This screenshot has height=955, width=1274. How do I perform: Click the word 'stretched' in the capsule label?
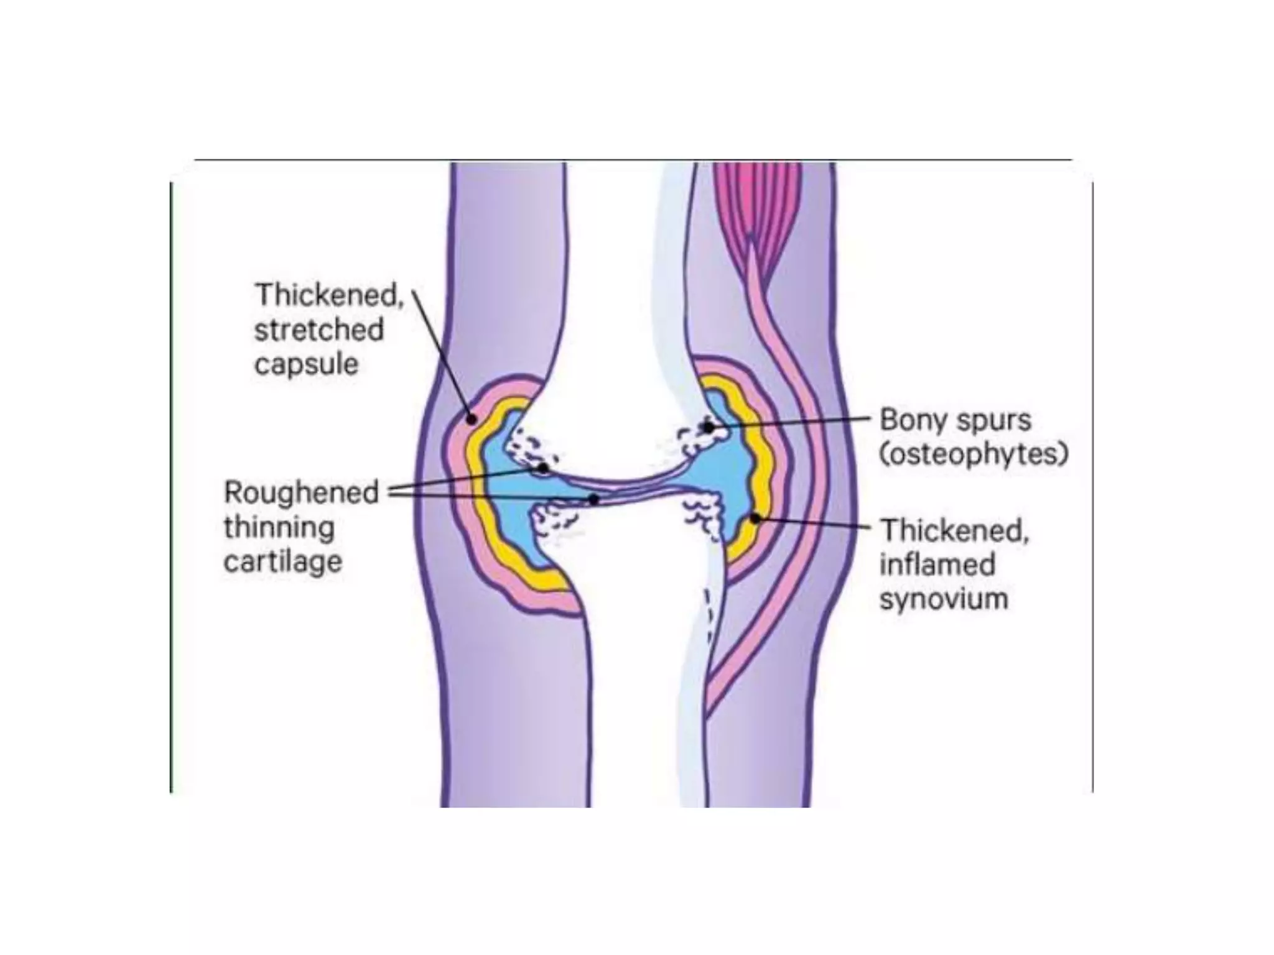(x=318, y=330)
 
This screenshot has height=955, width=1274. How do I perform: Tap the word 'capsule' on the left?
(x=306, y=364)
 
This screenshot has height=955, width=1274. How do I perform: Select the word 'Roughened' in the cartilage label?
(x=301, y=492)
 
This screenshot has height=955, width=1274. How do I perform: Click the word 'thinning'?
(x=279, y=528)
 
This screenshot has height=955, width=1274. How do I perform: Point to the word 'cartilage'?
(x=283, y=562)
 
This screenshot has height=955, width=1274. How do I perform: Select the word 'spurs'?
(x=993, y=421)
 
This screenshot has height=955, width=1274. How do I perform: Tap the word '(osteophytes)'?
(x=974, y=454)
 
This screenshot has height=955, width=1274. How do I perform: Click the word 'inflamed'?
(x=937, y=565)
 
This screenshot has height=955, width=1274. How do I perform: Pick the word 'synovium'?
(x=944, y=599)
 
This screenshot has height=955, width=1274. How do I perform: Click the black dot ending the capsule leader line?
(x=472, y=419)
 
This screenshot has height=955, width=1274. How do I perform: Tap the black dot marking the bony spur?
(x=708, y=427)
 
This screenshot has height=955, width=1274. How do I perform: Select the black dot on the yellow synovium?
(x=755, y=518)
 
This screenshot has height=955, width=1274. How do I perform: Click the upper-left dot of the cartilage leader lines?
(x=544, y=468)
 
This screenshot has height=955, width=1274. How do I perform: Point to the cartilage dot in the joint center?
(x=594, y=499)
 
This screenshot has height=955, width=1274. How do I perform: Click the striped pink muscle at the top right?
(x=756, y=199)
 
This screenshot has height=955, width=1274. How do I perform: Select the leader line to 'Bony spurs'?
(x=790, y=423)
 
